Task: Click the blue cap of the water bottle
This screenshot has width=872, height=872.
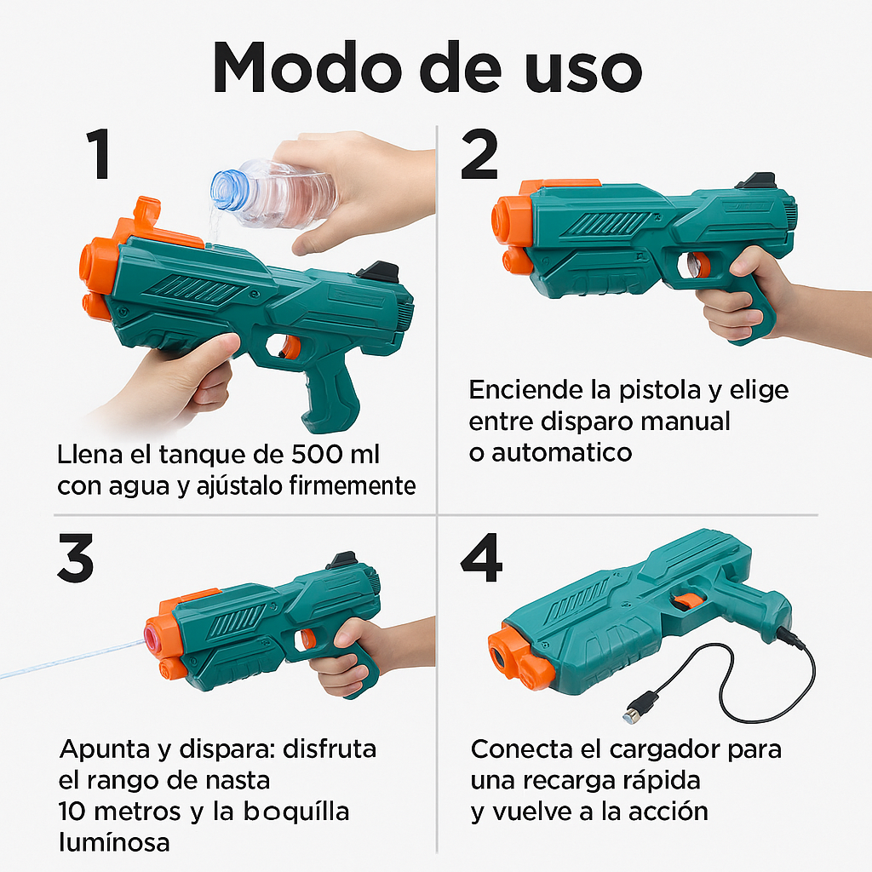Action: point(227,188)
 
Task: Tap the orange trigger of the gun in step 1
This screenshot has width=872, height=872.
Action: point(290,347)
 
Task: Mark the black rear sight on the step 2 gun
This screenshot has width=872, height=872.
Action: point(755,181)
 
